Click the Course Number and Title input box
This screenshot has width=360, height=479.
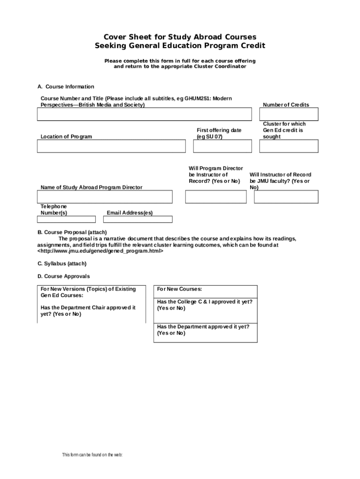144,115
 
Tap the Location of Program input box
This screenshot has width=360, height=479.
111,146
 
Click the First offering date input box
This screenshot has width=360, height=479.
222,146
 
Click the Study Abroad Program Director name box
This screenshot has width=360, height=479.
105,197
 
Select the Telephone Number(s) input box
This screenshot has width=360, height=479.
66,219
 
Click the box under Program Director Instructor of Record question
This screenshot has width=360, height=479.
216,197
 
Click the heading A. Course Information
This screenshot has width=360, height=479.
66,87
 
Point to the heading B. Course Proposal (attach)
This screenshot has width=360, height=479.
72,232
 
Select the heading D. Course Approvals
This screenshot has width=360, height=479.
64,276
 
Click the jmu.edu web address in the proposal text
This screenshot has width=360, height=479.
100,251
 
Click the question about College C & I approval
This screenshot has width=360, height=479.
205,305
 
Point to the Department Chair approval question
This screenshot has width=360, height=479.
88,311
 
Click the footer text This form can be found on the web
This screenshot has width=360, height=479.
92,455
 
